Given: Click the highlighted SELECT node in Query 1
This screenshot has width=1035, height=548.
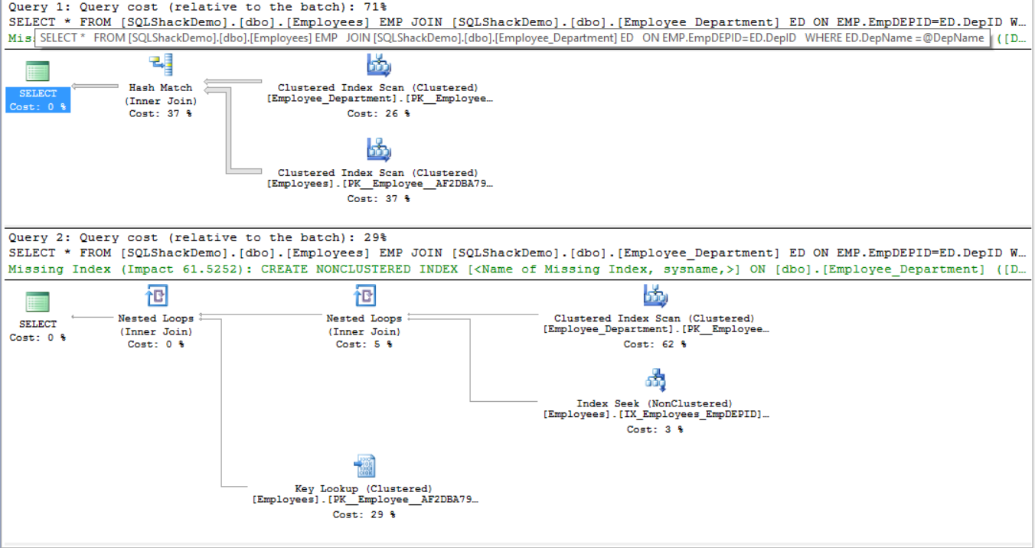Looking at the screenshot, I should pos(38,99).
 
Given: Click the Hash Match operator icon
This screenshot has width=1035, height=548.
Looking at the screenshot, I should pos(161,66).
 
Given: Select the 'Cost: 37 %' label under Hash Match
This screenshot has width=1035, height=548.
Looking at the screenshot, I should pos(161,113).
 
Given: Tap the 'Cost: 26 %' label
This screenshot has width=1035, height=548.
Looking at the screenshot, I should pos(378,113).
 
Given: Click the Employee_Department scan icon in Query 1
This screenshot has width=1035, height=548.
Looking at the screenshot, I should pos(378,66).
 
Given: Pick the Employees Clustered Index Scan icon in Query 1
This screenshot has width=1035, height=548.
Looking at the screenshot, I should pos(378,150).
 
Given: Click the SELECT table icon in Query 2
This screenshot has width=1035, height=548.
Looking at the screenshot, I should pos(38,302).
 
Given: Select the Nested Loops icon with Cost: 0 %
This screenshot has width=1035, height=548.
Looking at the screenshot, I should pos(156,296).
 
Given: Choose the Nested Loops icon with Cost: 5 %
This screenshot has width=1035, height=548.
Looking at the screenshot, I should pos(364,296).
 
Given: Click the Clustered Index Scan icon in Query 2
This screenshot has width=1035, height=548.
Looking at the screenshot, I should pos(655,296).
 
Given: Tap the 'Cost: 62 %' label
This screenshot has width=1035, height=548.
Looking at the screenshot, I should pos(655,344).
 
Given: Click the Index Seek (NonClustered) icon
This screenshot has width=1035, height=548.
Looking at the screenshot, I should pos(655,380).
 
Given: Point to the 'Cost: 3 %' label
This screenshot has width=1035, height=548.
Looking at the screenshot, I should pos(655,429).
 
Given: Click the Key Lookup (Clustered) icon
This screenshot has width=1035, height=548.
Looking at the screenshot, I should pos(364,465).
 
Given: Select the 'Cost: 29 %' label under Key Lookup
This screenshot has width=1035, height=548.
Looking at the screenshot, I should pos(364,515).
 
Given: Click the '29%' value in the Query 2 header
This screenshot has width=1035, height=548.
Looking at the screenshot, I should pos(374,238).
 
